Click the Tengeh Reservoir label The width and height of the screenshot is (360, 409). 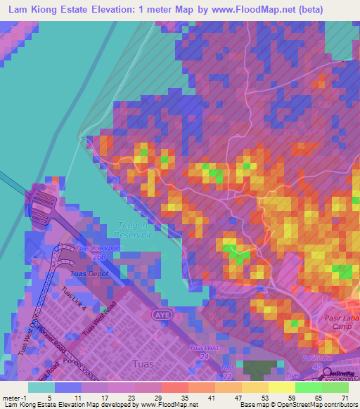127,230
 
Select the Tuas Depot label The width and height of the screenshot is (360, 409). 86,275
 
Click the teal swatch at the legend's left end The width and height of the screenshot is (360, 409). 41,387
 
